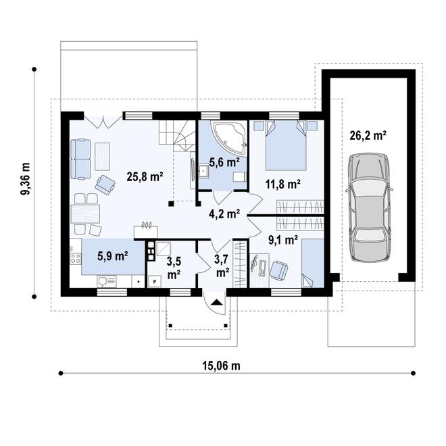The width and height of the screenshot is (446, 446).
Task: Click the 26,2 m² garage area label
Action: coord(368,135)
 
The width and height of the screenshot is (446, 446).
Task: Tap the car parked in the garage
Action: coord(369,207)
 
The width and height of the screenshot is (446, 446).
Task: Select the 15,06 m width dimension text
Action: coord(221,366)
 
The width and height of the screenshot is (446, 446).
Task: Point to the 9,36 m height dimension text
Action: coord(26,179)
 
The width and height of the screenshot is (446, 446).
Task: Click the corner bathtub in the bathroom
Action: coord(229,134)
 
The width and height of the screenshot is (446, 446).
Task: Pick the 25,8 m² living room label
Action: coord(145,177)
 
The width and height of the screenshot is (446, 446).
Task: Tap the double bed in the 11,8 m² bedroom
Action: coord(286,145)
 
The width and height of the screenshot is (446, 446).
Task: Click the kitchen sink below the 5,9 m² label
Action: coord(106,281)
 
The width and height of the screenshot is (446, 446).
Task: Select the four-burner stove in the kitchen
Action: coord(76,258)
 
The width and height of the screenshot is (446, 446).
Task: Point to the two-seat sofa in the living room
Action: coord(81,159)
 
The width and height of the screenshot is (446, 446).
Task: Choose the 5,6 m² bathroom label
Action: coord(224,162)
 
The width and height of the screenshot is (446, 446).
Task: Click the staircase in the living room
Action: coord(176,135)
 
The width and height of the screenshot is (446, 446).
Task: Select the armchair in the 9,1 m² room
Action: coord(278,270)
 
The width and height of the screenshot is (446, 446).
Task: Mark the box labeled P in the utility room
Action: coord(155,282)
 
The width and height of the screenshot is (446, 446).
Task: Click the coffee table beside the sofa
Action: coord(103,156)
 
